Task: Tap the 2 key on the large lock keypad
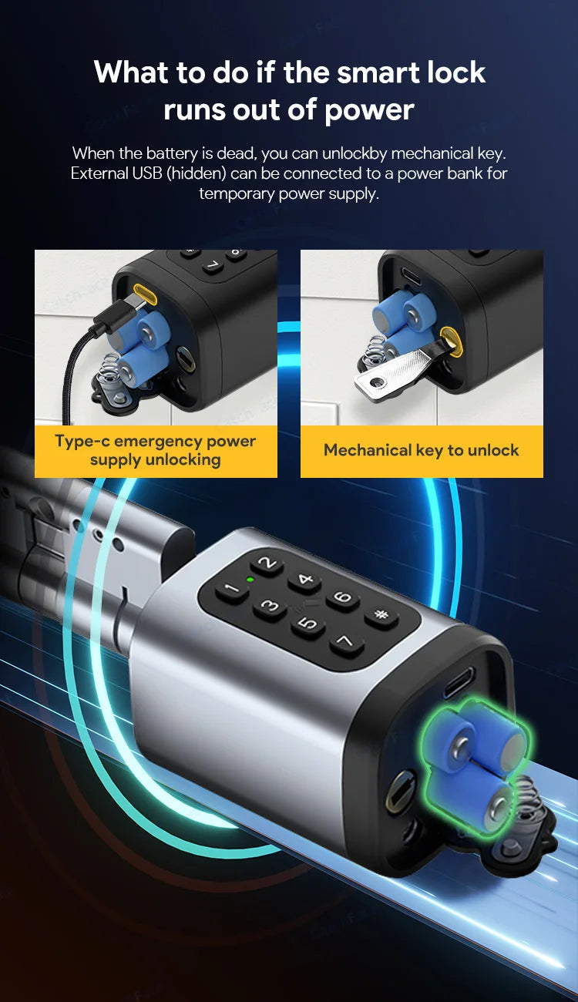pyautogui.click(x=267, y=563)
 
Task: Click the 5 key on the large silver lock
pyautogui.click(x=307, y=624)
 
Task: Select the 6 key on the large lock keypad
pyautogui.click(x=343, y=597)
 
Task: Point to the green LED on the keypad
pyautogui.click(x=249, y=579)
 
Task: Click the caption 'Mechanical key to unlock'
pyautogui.click(x=422, y=450)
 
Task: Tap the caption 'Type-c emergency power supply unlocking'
pyautogui.click(x=156, y=450)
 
